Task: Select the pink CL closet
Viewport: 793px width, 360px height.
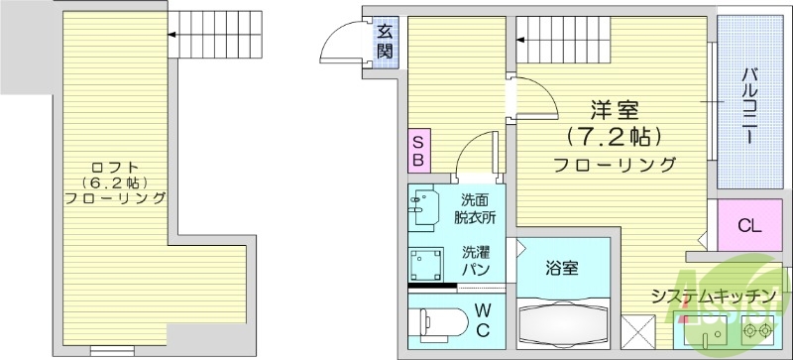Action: coord(749,225)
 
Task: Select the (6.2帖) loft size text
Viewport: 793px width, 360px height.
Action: coord(114,182)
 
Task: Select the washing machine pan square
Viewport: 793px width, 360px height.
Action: coord(428,263)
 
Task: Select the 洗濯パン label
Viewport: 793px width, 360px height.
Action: coord(476,261)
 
